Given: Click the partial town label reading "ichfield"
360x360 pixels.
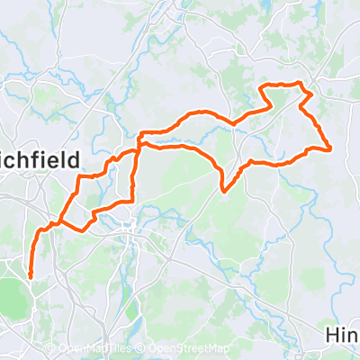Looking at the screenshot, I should [40, 160].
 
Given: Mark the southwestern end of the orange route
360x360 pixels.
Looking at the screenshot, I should [31, 275].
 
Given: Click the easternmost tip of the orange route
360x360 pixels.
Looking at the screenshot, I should [331, 148].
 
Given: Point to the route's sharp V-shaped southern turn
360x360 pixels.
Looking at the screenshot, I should [223, 190].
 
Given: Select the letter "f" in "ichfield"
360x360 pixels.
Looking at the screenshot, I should [45, 159].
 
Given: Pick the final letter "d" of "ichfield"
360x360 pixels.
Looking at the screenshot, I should [74, 159].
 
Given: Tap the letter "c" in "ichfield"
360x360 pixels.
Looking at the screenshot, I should [16, 160].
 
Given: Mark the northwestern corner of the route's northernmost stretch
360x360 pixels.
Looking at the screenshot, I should [262, 86].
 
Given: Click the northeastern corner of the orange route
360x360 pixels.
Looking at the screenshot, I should [311, 93].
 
